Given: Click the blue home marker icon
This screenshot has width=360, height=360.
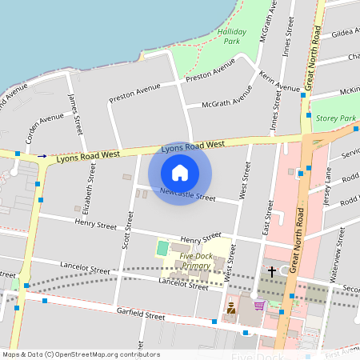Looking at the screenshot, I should (180, 173).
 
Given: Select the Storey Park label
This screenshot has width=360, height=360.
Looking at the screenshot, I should (335, 118).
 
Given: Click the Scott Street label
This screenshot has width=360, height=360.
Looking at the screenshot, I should (126, 231).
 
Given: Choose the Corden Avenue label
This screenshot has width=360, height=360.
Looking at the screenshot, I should (44, 128).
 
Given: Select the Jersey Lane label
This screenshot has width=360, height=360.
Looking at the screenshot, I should (330, 197).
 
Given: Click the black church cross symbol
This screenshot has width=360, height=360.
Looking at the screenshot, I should (271, 273).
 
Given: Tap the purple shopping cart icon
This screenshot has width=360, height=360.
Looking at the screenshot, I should (258, 305).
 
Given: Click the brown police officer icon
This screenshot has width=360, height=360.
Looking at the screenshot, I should (231, 306).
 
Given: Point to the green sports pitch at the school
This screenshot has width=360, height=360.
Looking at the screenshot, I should (163, 248).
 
